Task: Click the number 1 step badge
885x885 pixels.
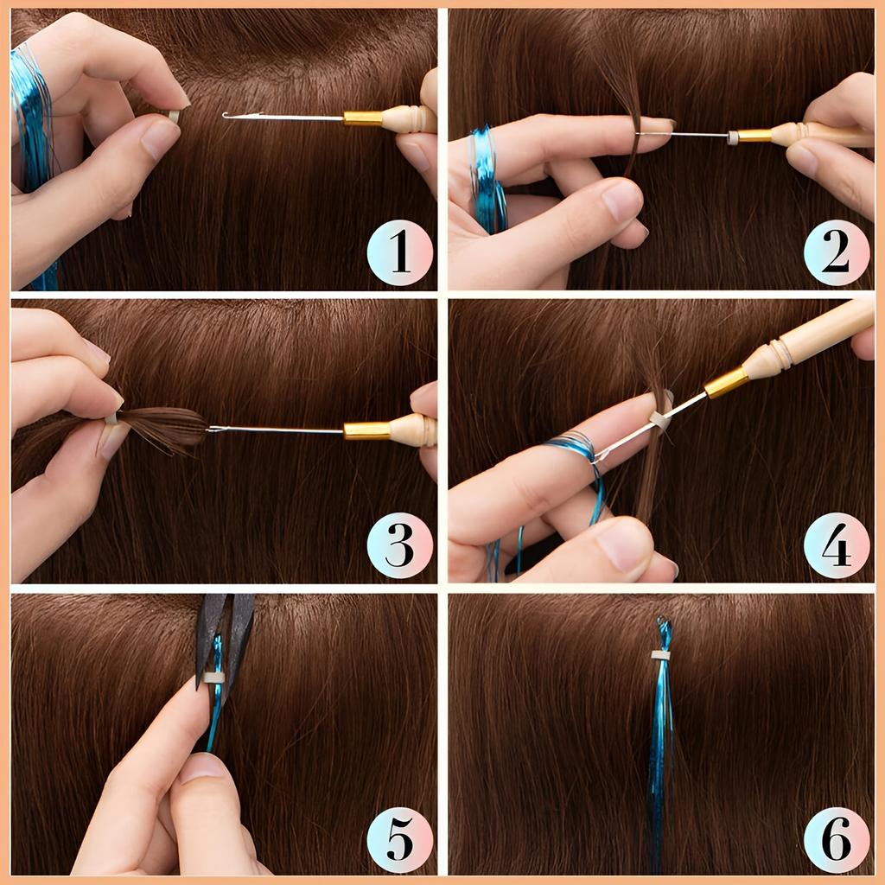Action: click(399, 253)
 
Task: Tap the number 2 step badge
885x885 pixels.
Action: click(837, 253)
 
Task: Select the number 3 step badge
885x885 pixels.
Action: click(399, 545)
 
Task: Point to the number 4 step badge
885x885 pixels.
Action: click(837, 545)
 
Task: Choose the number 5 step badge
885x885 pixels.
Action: click(399, 839)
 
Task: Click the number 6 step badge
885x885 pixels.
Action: click(837, 839)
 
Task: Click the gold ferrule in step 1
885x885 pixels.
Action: click(362, 118)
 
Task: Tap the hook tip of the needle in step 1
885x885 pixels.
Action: click(227, 115)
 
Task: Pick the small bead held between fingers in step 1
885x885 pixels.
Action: click(174, 116)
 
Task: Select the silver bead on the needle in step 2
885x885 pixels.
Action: click(732, 137)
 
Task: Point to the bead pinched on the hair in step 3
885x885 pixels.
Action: click(111, 419)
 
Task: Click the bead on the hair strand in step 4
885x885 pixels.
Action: click(659, 420)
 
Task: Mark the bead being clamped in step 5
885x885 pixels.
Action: click(213, 677)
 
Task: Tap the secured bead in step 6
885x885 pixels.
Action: click(661, 655)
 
